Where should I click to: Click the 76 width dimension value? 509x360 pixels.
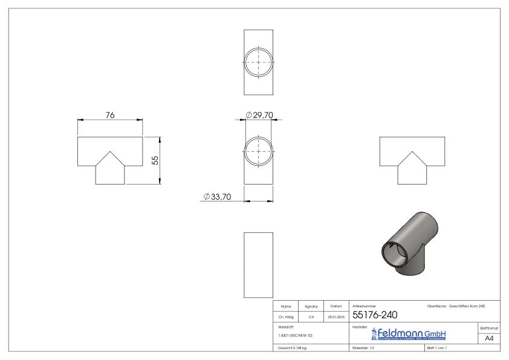tap(110, 115)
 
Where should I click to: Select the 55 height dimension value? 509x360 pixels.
tap(155, 160)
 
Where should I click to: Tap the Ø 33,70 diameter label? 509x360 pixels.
tap(218, 196)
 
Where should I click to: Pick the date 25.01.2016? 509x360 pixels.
tap(336, 316)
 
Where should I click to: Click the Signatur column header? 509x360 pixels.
tap(311, 307)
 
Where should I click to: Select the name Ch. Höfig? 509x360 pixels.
tap(287, 316)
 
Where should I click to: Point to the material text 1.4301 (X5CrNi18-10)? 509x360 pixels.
tap(296, 335)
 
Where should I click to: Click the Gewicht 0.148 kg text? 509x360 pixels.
tap(293, 349)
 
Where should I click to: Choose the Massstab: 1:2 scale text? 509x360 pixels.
tap(365, 349)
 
